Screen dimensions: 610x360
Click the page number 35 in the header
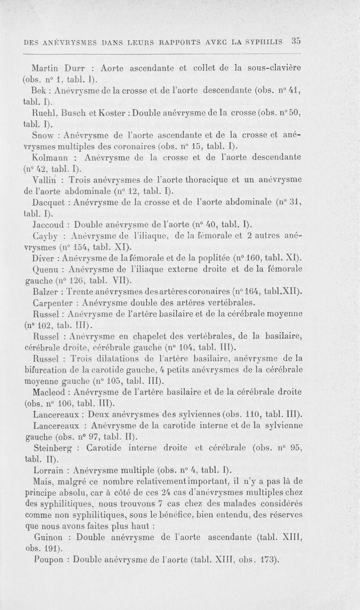pos(296,42)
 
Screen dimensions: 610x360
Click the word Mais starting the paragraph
pos(43,482)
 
